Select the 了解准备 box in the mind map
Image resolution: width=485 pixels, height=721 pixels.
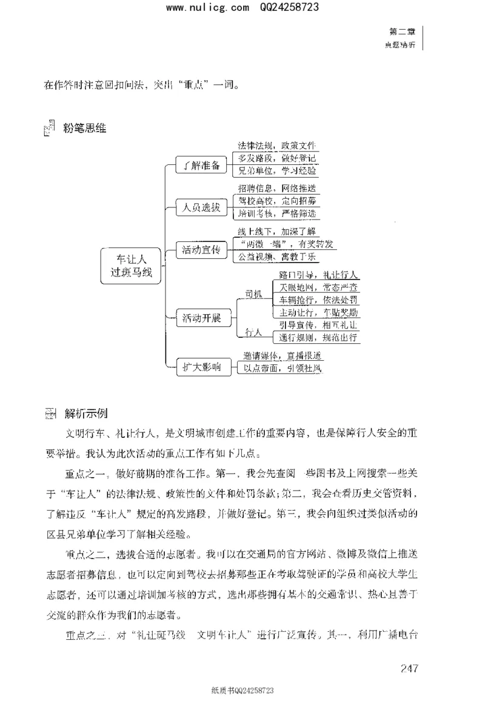[198, 166]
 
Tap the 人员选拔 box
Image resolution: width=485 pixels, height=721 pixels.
[198, 207]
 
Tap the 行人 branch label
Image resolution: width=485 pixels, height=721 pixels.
[253, 332]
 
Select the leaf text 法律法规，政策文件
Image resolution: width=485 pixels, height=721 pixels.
[277, 146]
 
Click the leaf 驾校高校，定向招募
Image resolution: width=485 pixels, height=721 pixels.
[277, 200]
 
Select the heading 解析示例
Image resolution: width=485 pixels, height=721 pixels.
[86, 414]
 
